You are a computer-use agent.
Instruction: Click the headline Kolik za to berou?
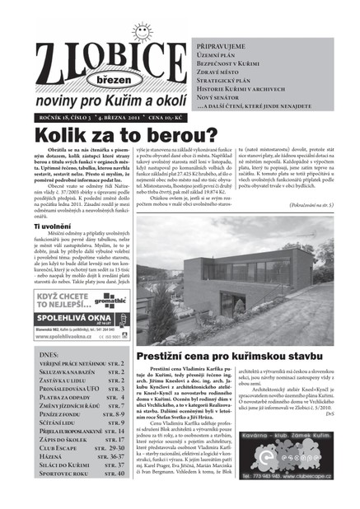click(x=124, y=136)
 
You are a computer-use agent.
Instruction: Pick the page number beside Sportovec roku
click(x=116, y=474)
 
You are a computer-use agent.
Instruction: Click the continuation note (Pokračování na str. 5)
click(x=316, y=201)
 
